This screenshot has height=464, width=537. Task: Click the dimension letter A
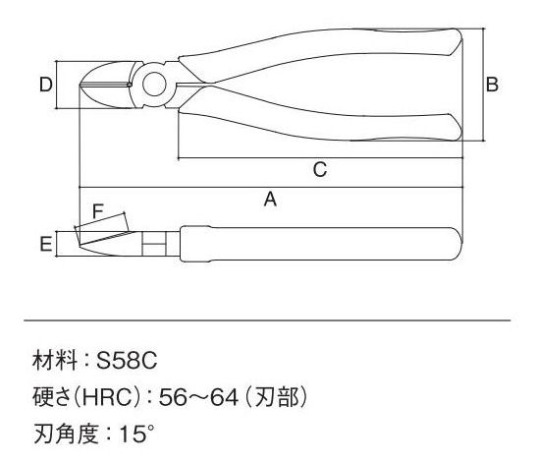point(270,199)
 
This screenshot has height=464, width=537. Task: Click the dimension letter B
point(492,85)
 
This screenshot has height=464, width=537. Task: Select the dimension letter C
point(320,169)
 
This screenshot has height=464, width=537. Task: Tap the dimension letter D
point(45,85)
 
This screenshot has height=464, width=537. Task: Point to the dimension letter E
point(46,244)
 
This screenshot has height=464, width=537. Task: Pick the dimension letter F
point(98,211)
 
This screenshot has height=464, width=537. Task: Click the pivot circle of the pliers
point(154,85)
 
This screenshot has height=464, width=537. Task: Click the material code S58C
point(127,361)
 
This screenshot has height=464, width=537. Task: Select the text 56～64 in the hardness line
point(198,397)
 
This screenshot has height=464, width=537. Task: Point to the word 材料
point(55,361)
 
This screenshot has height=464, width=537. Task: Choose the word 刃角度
point(67,434)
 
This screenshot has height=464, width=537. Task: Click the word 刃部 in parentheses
point(278,397)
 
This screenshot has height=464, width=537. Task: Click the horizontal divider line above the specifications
point(267,320)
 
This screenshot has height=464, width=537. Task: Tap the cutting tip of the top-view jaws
point(81,85)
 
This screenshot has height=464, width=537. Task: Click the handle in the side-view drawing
point(321,244)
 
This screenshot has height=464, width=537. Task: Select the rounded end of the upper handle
point(456,42)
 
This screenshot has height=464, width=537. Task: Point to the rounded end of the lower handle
point(456,127)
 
